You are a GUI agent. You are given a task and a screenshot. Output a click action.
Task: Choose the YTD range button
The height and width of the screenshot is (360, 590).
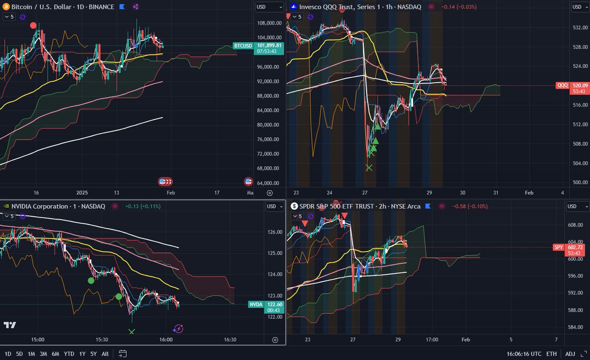[69, 354]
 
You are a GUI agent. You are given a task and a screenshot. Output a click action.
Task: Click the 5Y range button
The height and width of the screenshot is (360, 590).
[93, 354]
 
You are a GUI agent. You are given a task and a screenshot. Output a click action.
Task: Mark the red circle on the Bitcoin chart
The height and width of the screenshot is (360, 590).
[33, 26]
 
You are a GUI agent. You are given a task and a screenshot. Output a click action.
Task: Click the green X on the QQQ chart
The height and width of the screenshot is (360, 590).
[369, 168]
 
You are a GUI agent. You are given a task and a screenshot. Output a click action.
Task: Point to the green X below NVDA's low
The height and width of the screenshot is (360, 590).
[131, 331]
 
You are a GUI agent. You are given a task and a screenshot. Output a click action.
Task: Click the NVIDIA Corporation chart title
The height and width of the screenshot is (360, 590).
[58, 206]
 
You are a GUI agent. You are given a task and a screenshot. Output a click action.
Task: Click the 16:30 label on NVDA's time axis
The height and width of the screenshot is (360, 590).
[230, 339]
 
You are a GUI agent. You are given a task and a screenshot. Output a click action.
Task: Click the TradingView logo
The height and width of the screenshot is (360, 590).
[9, 325]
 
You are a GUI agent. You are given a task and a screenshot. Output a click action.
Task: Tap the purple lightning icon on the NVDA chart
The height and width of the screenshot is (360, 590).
[178, 329]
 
